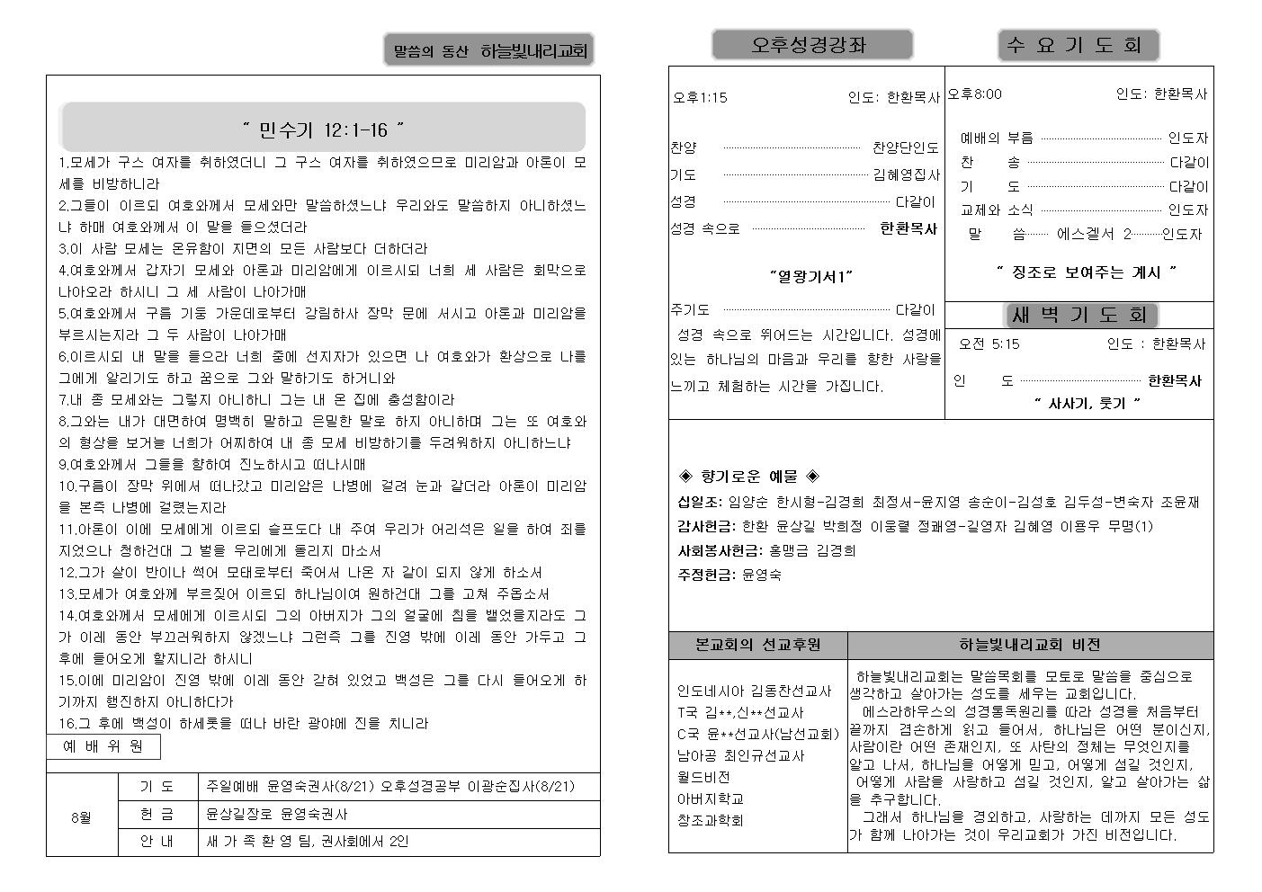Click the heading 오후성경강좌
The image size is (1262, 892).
point(811,45)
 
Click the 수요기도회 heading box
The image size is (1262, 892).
point(1078,45)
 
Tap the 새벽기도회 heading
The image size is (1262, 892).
point(1079,315)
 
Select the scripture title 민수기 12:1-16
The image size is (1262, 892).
point(323,130)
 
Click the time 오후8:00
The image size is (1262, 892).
point(975,94)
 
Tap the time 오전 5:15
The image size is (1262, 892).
point(989,343)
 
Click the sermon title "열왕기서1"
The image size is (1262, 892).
point(810,276)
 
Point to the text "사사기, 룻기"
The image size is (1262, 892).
point(1087,404)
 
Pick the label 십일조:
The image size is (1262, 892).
point(700,502)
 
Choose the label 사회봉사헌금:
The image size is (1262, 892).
point(720,550)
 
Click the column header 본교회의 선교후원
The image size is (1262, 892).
point(757,645)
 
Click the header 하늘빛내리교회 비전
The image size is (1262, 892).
point(1029,645)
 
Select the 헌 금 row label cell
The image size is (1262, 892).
point(157,814)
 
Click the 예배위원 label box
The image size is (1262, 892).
point(103,746)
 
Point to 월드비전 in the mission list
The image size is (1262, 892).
point(703,777)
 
